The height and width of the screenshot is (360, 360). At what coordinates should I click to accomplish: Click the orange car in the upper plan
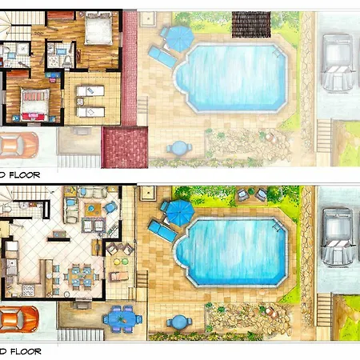click(x=18, y=146)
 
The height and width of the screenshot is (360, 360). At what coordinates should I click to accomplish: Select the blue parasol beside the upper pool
click(x=177, y=36)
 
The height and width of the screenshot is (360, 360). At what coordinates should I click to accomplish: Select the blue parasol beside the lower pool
click(x=178, y=211)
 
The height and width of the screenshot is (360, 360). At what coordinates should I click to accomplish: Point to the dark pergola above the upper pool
click(x=244, y=22)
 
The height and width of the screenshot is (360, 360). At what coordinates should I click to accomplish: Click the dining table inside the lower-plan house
click(x=79, y=276)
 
